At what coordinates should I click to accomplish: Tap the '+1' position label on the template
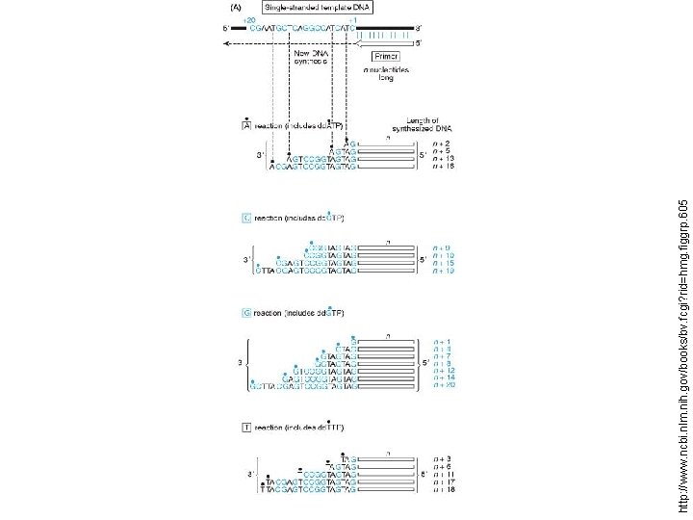coord(353,19)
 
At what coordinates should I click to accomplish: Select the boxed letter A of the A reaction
coord(245,125)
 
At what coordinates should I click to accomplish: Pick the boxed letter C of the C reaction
coord(245,219)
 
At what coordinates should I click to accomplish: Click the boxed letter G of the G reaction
coord(245,313)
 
